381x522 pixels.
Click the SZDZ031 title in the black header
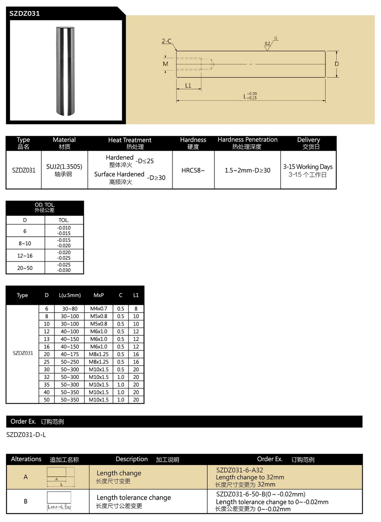click(24, 13)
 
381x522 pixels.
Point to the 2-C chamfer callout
click(166, 41)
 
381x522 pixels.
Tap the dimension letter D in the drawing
click(336, 64)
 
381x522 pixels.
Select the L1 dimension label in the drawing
click(188, 86)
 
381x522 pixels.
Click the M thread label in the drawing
click(165, 64)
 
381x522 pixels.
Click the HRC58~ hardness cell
click(193, 170)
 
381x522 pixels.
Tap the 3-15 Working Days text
click(308, 167)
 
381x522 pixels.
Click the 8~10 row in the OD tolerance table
click(25, 243)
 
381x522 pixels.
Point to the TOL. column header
click(64, 220)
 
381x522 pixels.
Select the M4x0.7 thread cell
click(99, 309)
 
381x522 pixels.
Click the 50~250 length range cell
click(70, 362)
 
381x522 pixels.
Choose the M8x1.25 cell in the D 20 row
click(99, 354)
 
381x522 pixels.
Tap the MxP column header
click(99, 295)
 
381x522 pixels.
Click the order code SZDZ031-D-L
click(26, 434)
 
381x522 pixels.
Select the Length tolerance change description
click(134, 498)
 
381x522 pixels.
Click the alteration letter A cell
click(26, 477)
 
